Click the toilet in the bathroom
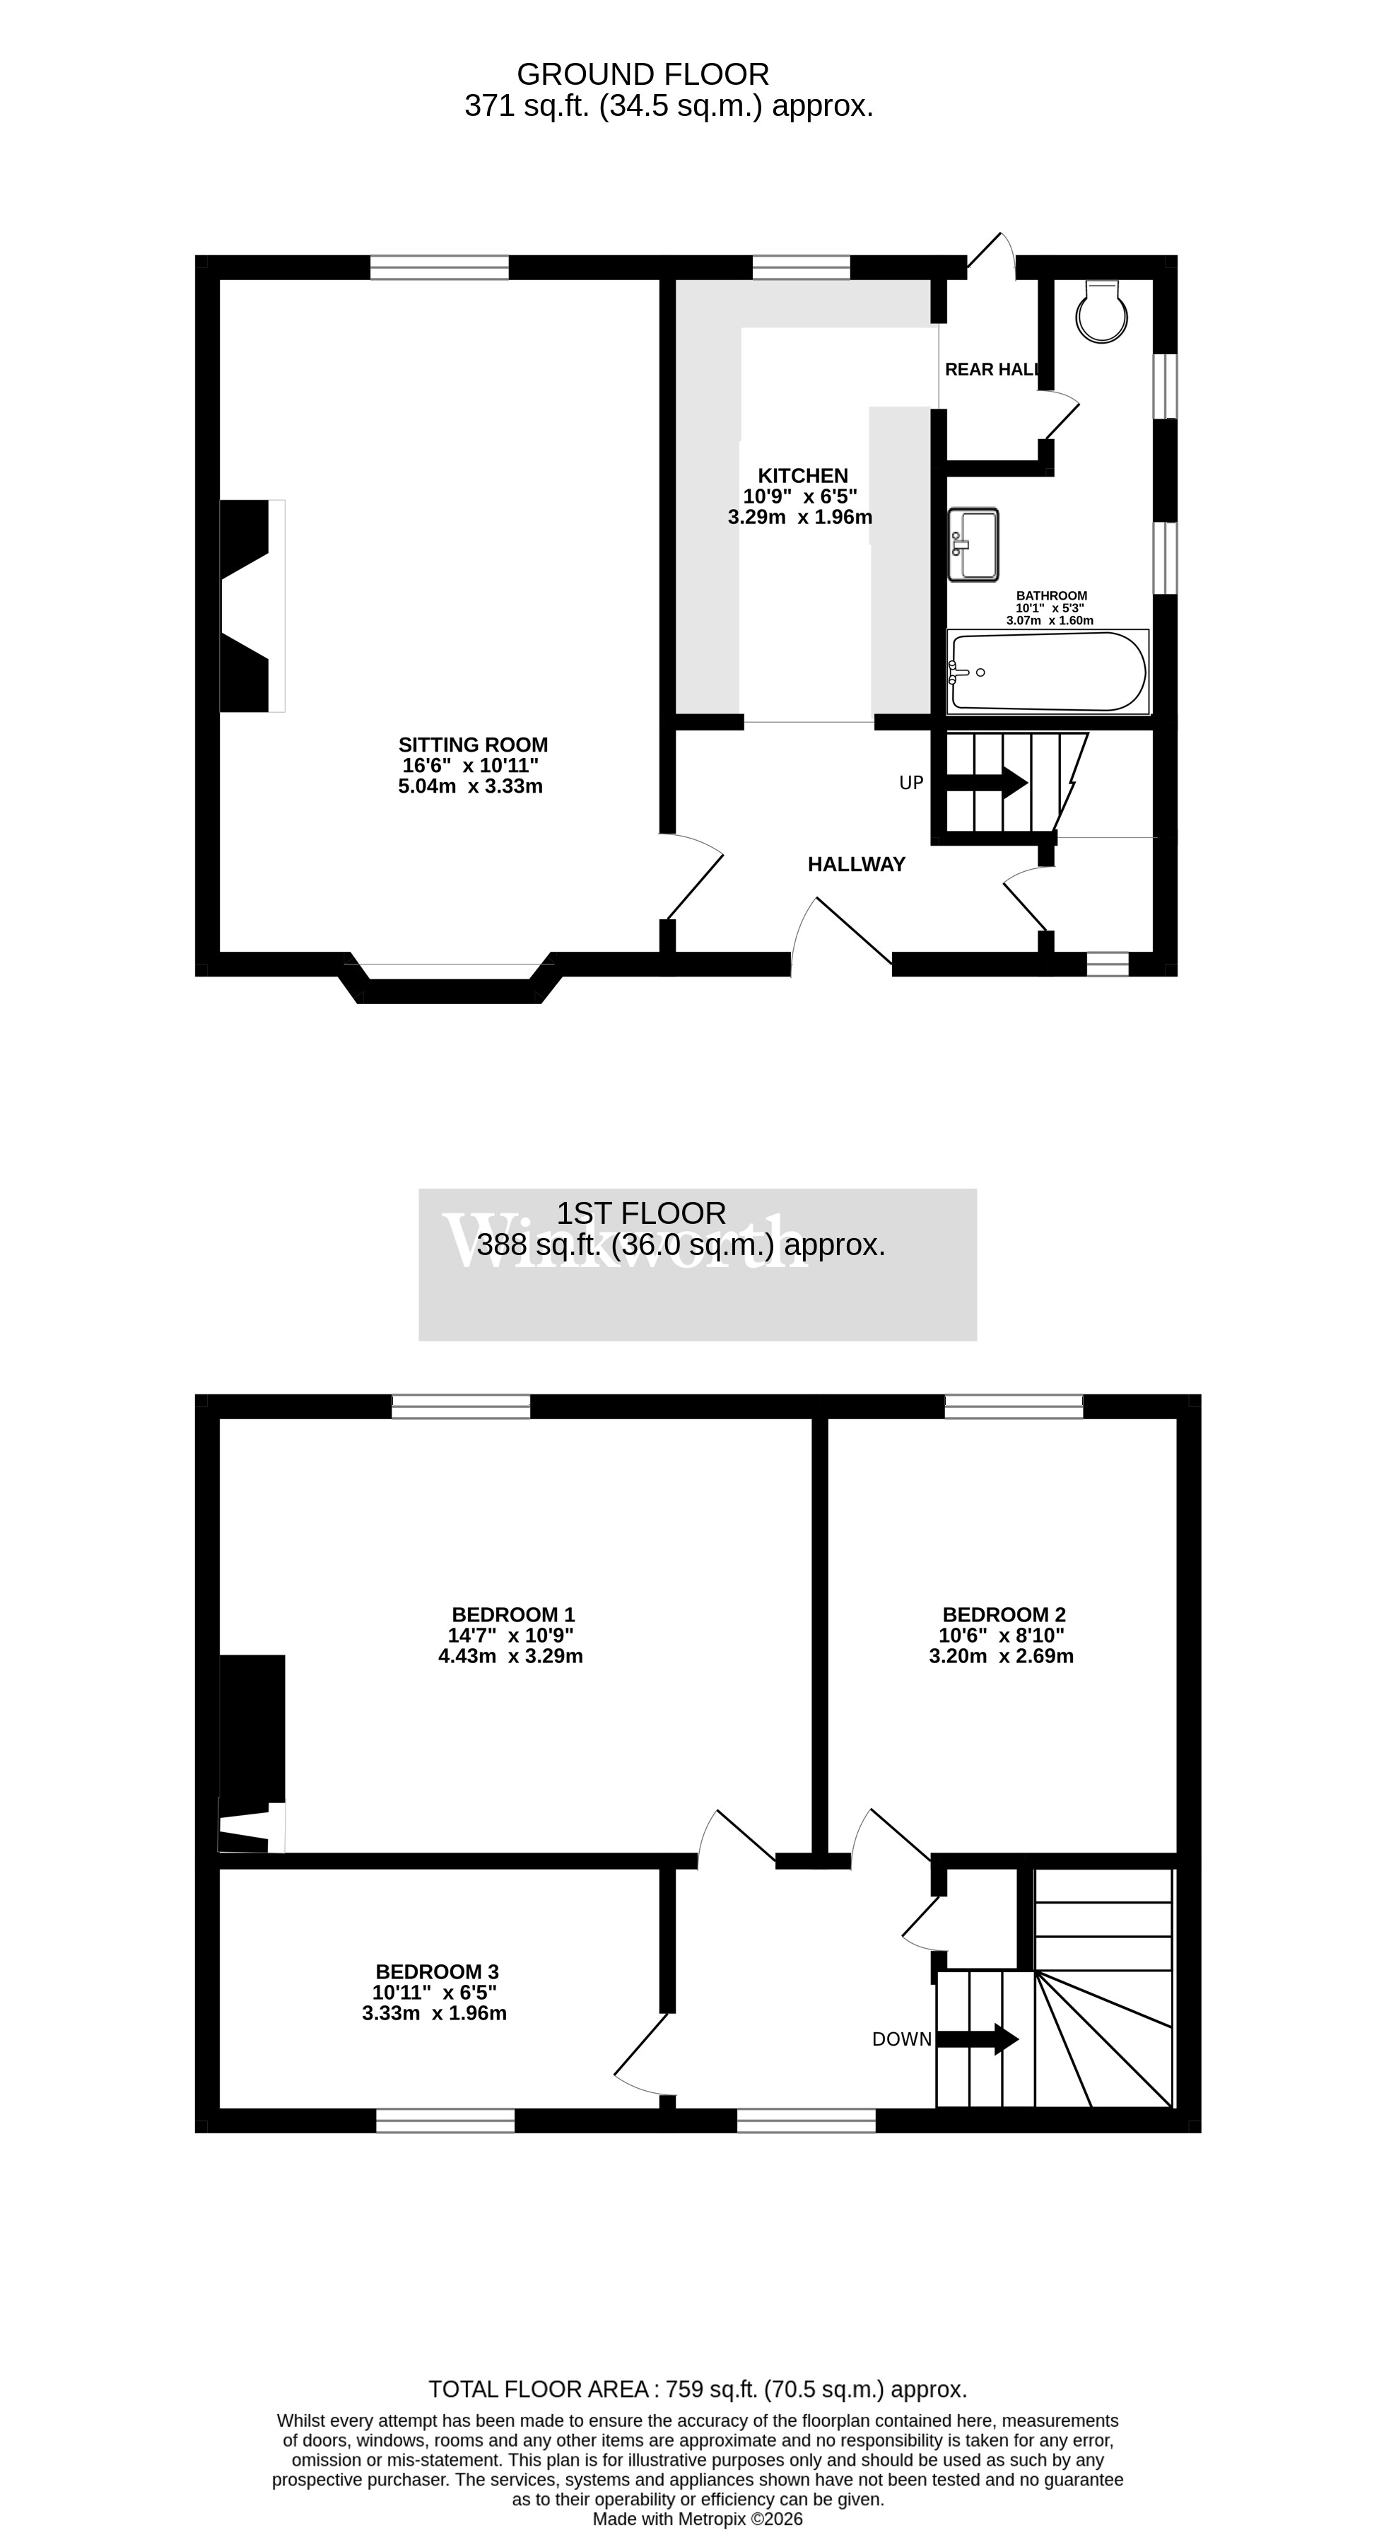point(1101,313)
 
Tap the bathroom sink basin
point(973,544)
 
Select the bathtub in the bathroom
point(1048,672)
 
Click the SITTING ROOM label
point(473,745)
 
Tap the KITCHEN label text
point(802,475)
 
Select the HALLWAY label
point(856,864)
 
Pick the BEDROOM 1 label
point(512,1614)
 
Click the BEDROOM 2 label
point(1003,1614)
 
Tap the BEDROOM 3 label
point(437,1971)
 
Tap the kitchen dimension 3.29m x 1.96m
point(800,518)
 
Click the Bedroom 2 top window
point(1013,1406)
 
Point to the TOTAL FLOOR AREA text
point(697,2389)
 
